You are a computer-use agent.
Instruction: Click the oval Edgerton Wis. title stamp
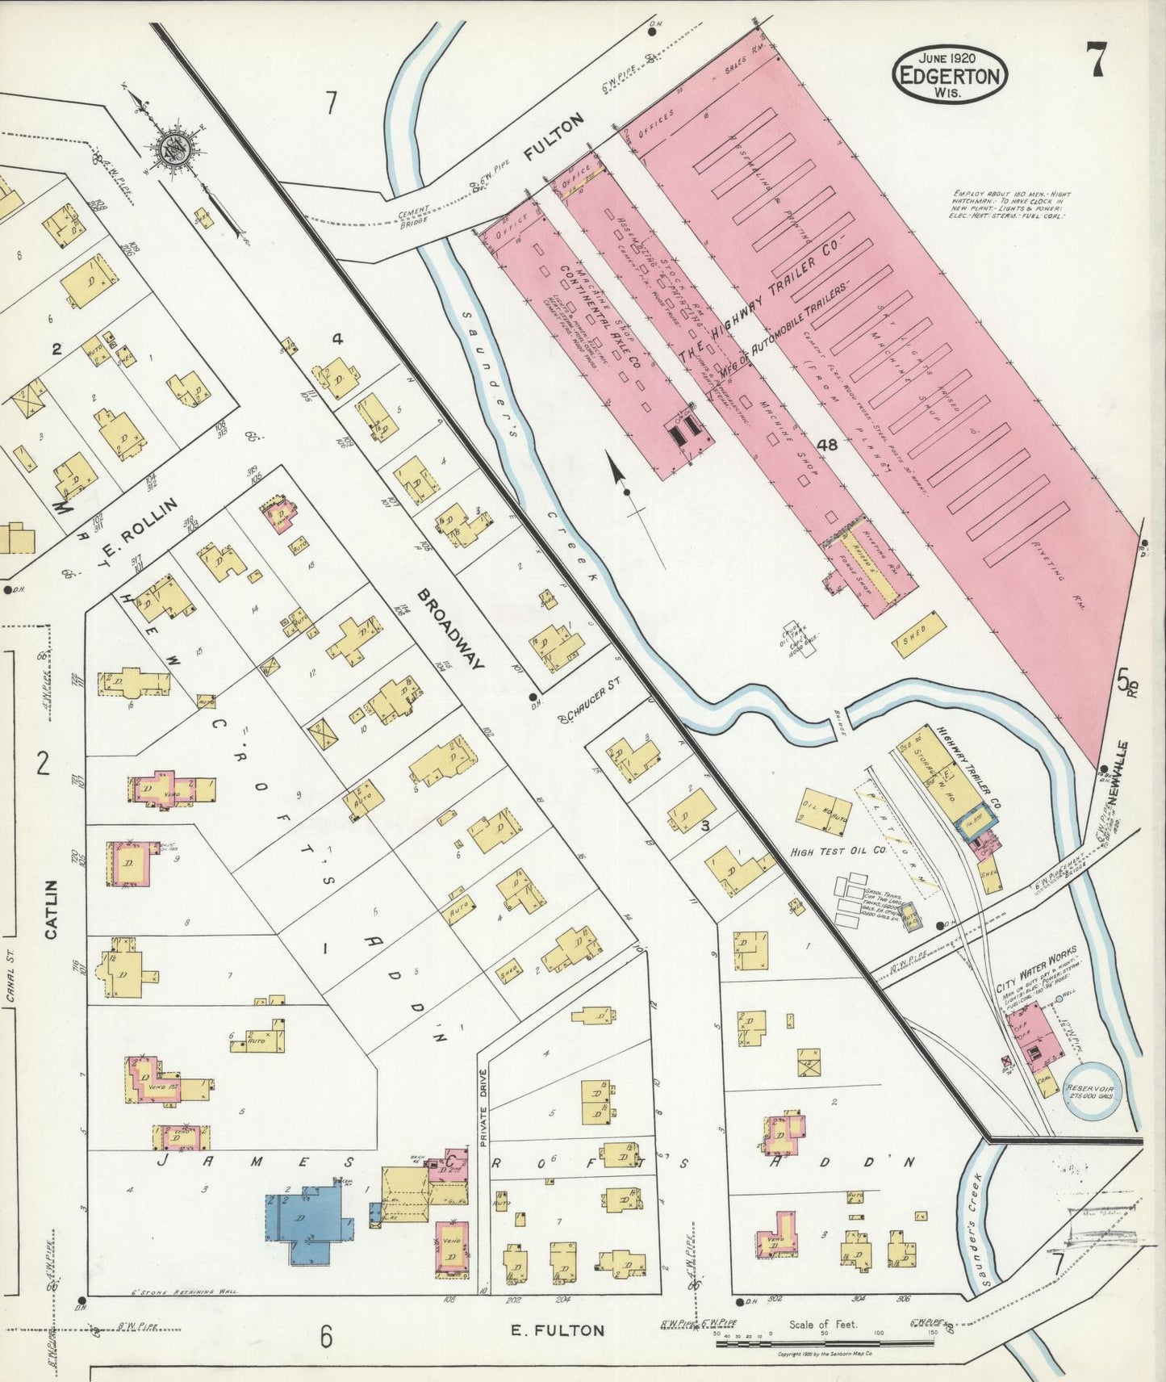pyautogui.click(x=950, y=74)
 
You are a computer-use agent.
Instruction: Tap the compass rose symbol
pyautogui.click(x=173, y=149)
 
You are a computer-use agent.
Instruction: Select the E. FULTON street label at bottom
pyautogui.click(x=557, y=1330)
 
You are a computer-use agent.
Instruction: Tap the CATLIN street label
pyautogui.click(x=51, y=910)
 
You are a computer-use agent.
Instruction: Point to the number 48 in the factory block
pyautogui.click(x=827, y=444)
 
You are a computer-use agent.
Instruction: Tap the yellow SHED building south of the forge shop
pyautogui.click(x=919, y=634)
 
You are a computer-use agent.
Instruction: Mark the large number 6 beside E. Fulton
pyautogui.click(x=325, y=1337)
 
